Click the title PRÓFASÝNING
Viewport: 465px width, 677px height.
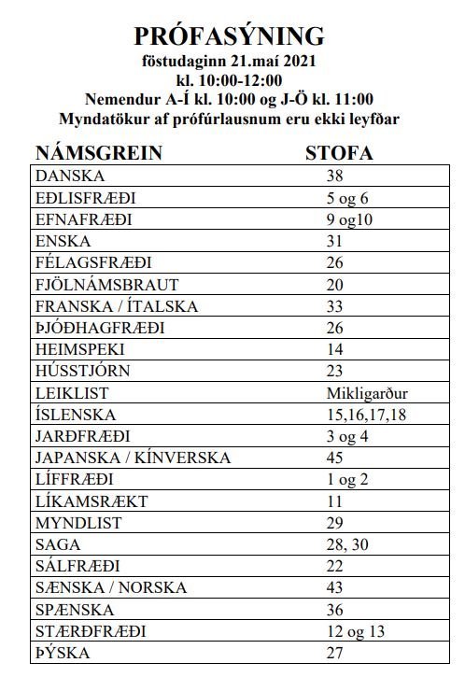(230, 36)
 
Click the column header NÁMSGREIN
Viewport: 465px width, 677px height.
(99, 154)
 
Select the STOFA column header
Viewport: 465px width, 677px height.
(341, 154)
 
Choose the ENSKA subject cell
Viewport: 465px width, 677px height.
(63, 241)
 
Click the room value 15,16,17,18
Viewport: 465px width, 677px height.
(368, 414)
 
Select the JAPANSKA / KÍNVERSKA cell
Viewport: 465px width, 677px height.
(132, 458)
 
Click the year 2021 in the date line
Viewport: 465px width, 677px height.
(299, 62)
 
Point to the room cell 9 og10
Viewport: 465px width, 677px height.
(352, 219)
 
